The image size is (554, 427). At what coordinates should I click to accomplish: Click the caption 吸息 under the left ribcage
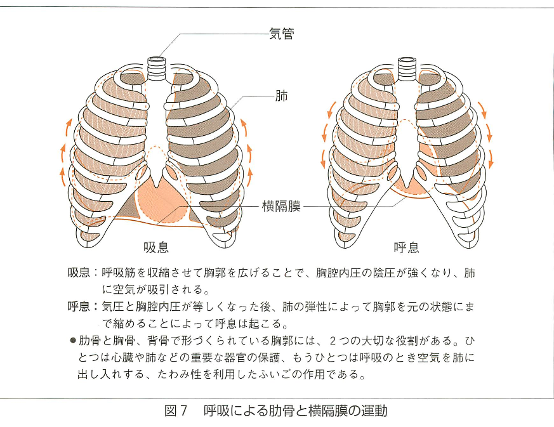coord(156,246)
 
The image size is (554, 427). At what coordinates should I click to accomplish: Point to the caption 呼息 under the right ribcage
coord(406,246)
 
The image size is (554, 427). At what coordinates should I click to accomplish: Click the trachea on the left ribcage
coord(157,65)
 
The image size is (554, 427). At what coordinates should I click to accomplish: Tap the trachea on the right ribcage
coord(406,65)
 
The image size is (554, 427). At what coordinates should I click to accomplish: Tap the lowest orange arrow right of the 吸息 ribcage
coord(252,175)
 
